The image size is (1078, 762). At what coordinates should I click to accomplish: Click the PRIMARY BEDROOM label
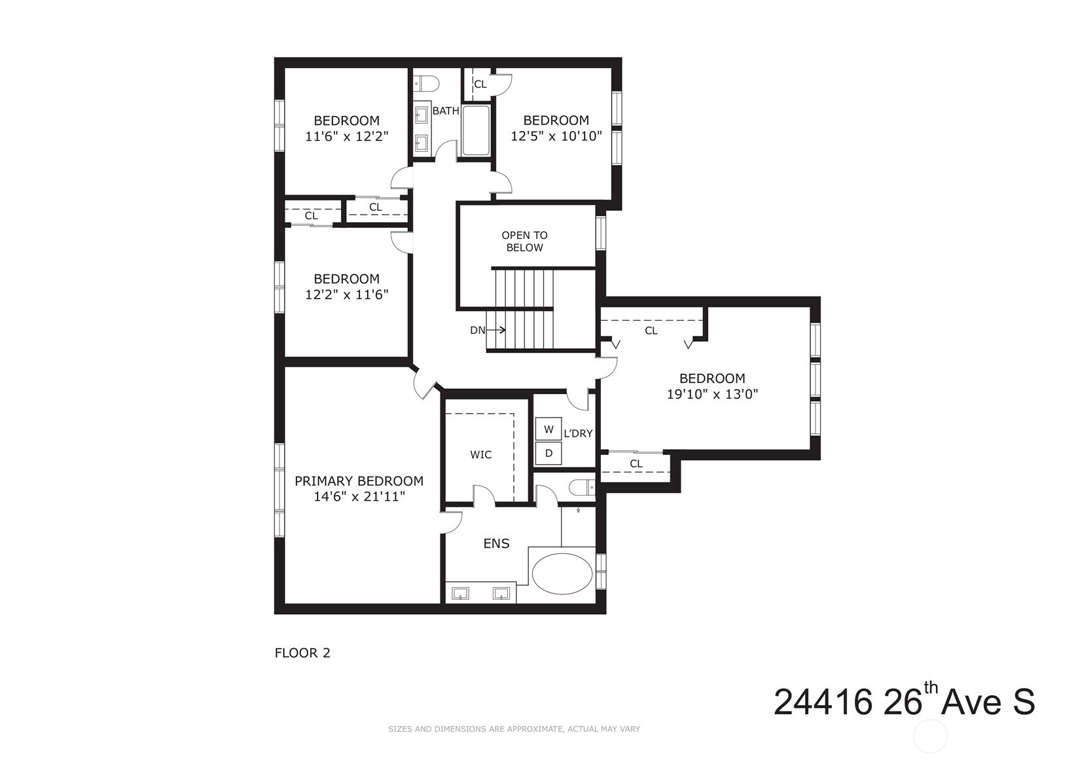coord(359,481)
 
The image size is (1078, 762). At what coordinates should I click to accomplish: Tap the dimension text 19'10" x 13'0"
coord(712,394)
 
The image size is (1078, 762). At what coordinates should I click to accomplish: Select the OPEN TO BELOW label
coord(524,241)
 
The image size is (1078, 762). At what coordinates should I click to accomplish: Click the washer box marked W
coord(548,429)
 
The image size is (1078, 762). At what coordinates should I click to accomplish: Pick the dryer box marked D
coord(548,453)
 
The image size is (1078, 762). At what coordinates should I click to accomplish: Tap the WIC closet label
coord(481,454)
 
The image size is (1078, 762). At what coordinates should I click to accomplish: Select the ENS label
coord(496,543)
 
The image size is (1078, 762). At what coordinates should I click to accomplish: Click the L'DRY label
coord(578,433)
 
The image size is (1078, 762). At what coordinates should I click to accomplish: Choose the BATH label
coord(446,111)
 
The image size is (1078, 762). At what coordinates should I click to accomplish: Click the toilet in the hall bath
coord(426,84)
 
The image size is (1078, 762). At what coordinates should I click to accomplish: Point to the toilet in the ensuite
coord(583,488)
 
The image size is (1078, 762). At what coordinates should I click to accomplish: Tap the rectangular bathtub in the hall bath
coord(476,130)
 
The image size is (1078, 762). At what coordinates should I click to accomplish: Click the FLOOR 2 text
coord(302,653)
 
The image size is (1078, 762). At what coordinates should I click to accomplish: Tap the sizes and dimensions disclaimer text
coord(514,729)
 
